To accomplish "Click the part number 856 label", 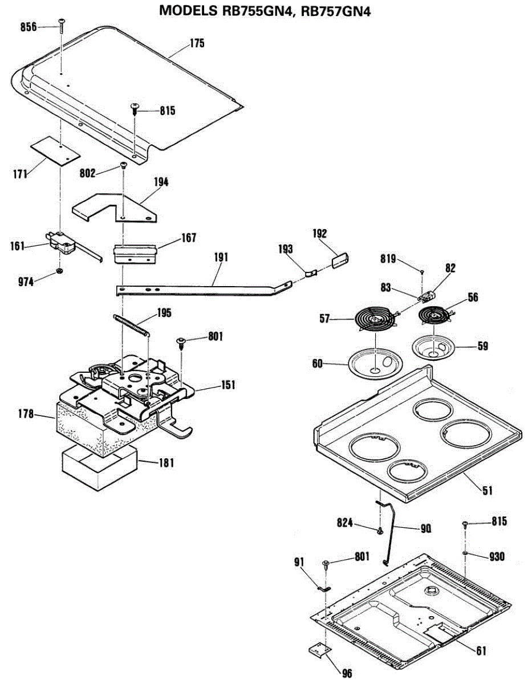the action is (x=29, y=27).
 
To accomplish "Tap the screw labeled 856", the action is (x=62, y=26).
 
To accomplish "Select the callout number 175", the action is (x=197, y=43).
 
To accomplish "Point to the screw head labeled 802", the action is (x=123, y=165).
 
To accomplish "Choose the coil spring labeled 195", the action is (x=130, y=325).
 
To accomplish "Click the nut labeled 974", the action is (x=59, y=271).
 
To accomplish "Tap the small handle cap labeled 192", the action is (x=340, y=260).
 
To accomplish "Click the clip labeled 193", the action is (x=311, y=272).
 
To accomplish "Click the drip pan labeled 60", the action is (x=376, y=363).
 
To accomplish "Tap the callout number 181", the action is (x=166, y=463).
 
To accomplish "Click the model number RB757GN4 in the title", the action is (x=335, y=11).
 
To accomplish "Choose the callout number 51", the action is (x=487, y=490).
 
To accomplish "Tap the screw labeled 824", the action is (x=380, y=531).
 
